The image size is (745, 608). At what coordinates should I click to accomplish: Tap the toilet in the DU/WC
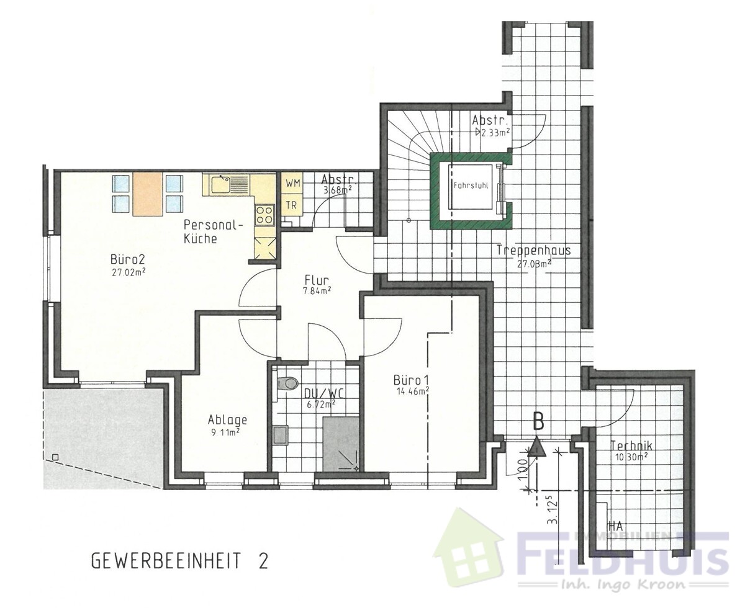[286, 383]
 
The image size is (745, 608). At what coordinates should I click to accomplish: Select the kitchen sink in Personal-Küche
[220, 184]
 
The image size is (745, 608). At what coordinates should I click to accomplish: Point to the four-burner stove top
[264, 215]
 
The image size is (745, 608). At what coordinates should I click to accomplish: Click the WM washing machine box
[292, 184]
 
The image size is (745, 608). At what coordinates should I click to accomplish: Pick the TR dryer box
[291, 205]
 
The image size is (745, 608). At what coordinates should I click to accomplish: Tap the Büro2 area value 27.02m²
[128, 271]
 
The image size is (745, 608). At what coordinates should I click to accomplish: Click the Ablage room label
[227, 419]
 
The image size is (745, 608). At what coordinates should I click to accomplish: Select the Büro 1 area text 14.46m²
[413, 391]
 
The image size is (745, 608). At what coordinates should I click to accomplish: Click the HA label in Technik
[615, 526]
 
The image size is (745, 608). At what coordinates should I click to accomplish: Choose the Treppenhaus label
[533, 251]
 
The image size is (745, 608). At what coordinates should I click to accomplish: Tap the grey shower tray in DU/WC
[341, 442]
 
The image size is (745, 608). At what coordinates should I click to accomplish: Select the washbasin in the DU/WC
[281, 435]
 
